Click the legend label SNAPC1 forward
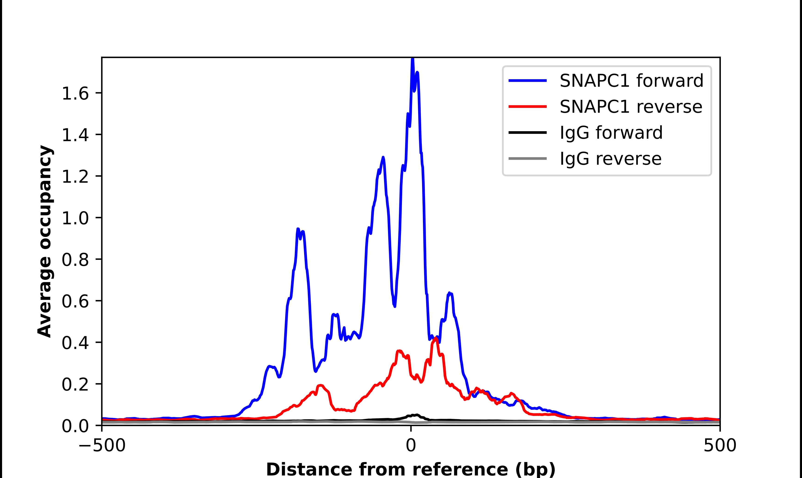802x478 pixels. pos(631,81)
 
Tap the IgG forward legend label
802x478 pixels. pos(611,133)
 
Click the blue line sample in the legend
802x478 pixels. pos(527,81)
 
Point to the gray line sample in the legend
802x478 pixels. pos(527,158)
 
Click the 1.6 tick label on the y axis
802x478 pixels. pos(75,94)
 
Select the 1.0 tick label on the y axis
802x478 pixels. pos(75,218)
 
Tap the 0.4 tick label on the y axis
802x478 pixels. pos(75,343)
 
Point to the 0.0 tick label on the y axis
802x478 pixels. pos(75,426)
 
